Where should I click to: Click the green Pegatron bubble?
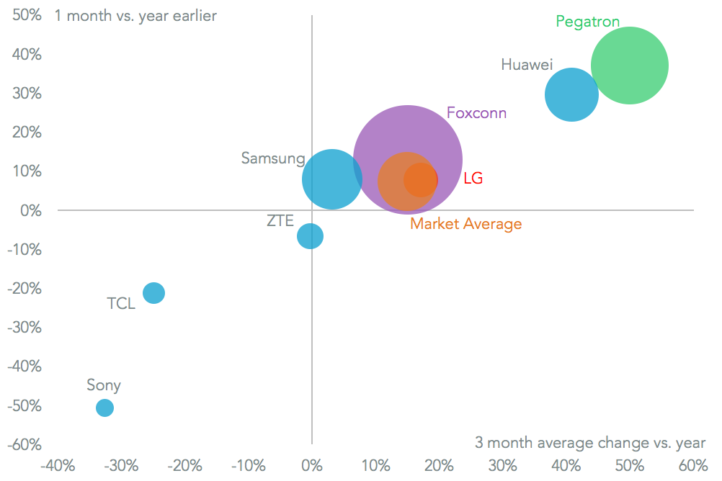[x=629, y=66]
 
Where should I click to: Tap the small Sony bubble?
[x=105, y=408]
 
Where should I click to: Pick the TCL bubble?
[x=153, y=292]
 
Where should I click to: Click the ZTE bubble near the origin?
[x=310, y=235]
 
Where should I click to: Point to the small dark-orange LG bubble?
[x=421, y=179]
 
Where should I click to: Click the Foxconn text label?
[x=476, y=113]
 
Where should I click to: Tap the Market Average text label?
[x=465, y=224]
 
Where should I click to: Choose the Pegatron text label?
[x=587, y=22]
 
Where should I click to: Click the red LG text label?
[x=473, y=178]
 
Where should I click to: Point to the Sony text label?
[x=104, y=385]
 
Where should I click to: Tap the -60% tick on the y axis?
[x=24, y=444]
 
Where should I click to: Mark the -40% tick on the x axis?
[x=58, y=464]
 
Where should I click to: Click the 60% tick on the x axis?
[x=692, y=464]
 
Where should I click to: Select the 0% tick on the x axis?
[x=311, y=464]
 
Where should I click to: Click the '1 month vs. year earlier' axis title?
[x=135, y=15]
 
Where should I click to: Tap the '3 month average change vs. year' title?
[x=590, y=442]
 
